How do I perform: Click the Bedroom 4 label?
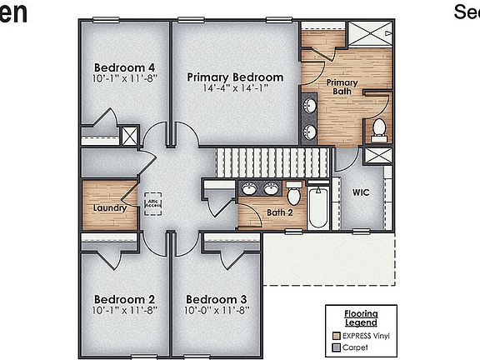pyautogui.click(x=124, y=67)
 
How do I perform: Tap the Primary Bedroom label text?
pyautogui.click(x=235, y=77)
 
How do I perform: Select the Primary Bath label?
pyautogui.click(x=342, y=87)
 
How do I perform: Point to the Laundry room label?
pyautogui.click(x=109, y=207)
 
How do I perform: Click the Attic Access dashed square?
pyautogui.click(x=153, y=202)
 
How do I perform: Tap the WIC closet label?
pyautogui.click(x=360, y=192)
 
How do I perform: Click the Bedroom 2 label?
pyautogui.click(x=124, y=299)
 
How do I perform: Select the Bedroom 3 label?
pyautogui.click(x=216, y=299)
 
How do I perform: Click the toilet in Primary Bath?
pyautogui.click(x=379, y=129)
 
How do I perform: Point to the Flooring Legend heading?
pyautogui.click(x=360, y=317)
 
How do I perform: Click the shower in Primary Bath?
pyautogui.click(x=368, y=34)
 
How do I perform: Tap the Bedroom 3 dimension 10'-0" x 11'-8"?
pyautogui.click(x=216, y=310)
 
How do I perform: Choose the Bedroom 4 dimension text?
pyautogui.click(x=124, y=78)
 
